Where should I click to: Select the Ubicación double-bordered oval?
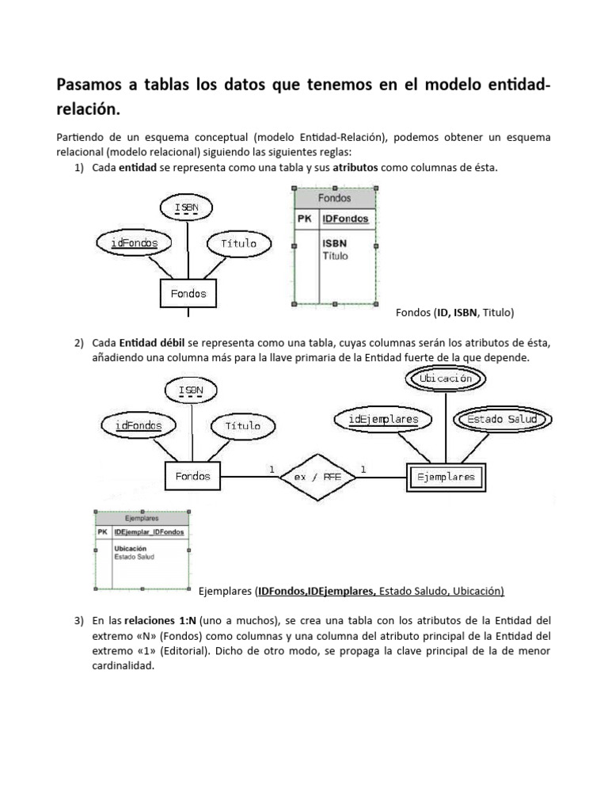446,379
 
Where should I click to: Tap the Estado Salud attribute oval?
502,419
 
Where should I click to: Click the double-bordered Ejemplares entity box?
446,477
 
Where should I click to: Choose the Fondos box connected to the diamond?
192,476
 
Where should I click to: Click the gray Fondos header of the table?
334,198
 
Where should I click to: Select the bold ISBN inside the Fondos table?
334,243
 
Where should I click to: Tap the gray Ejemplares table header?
142,518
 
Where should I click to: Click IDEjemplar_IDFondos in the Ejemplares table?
149,532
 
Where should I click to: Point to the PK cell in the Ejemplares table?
102,532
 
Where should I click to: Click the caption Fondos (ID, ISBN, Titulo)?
454,313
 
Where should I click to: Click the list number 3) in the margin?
78,620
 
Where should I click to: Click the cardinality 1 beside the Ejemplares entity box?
363,470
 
